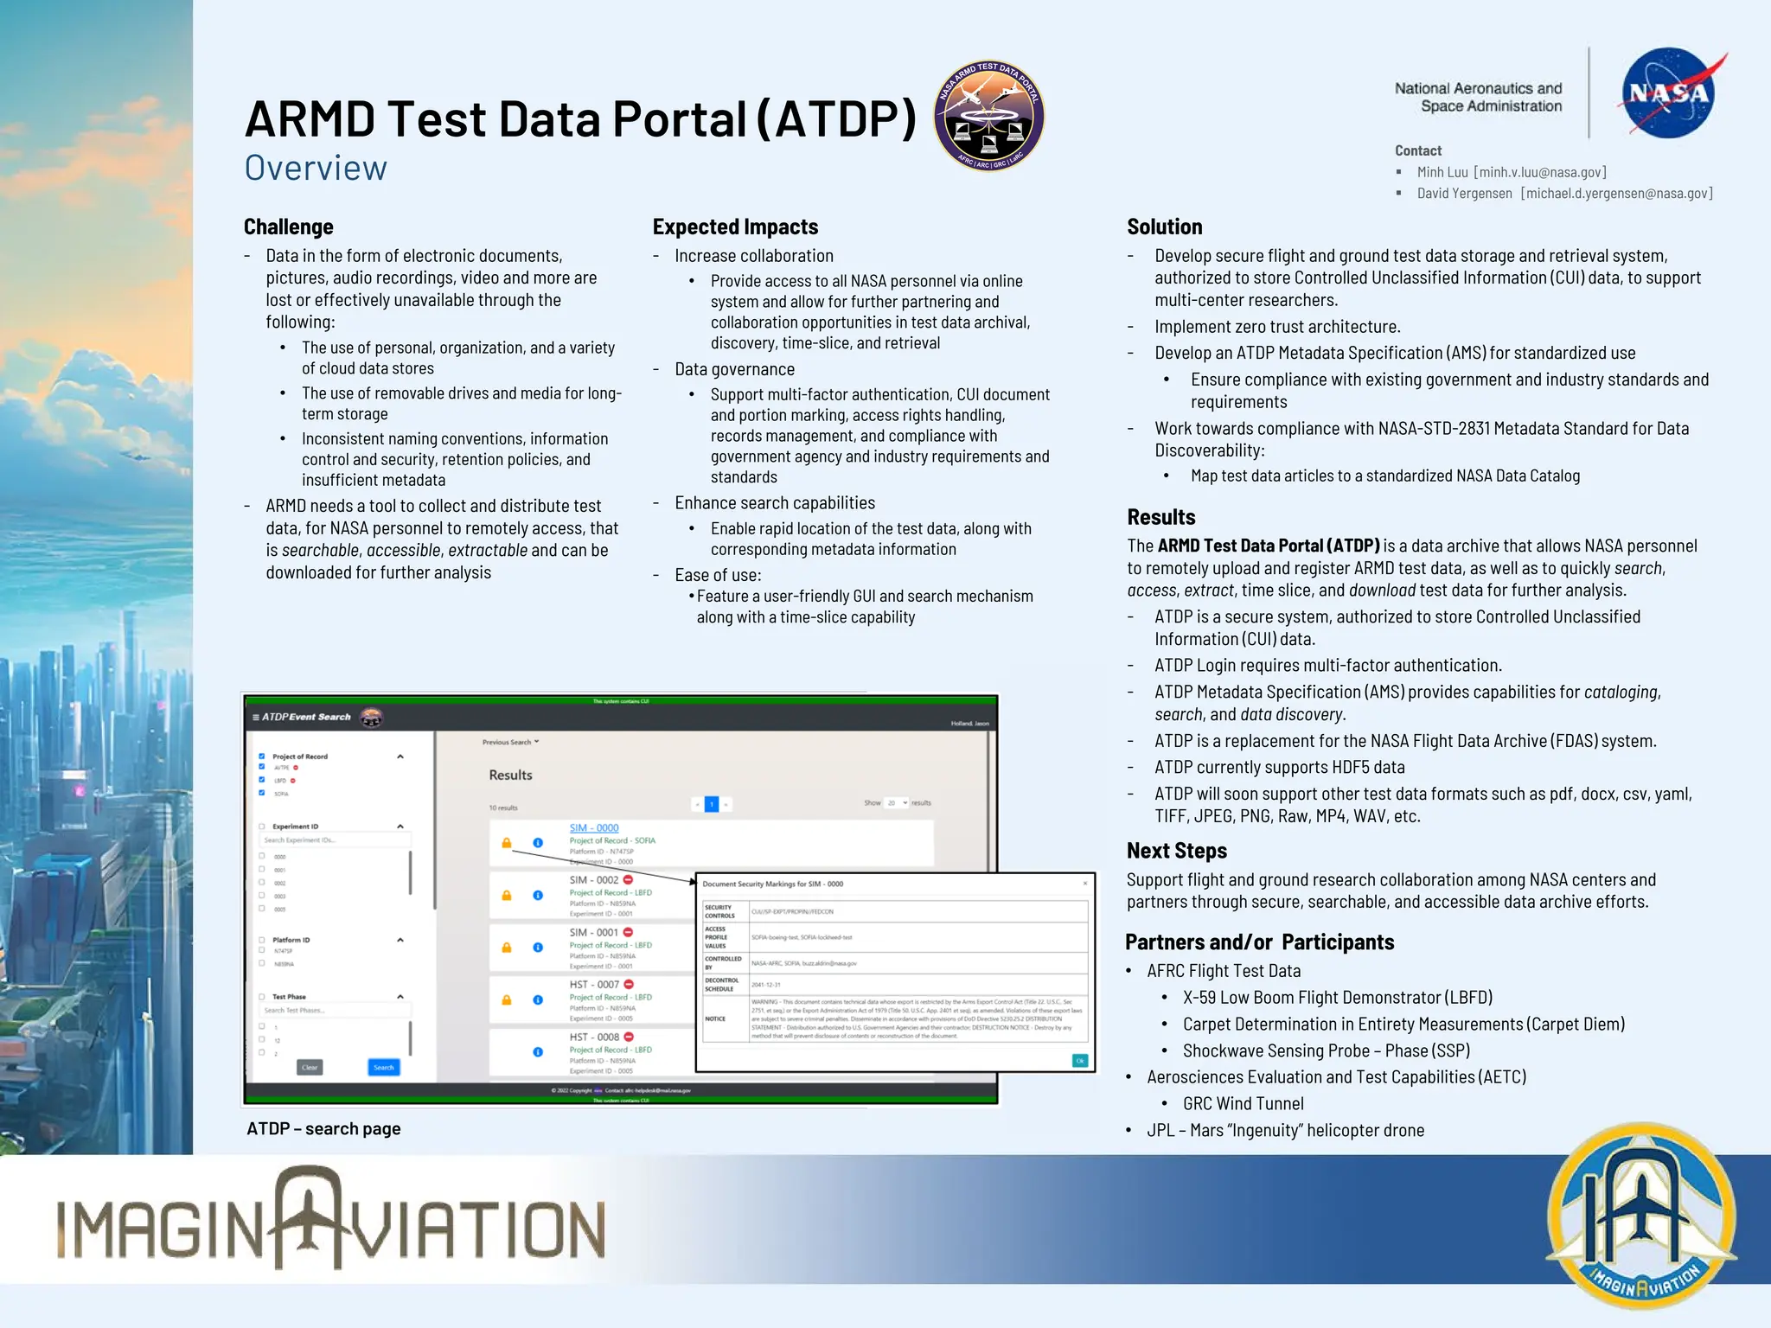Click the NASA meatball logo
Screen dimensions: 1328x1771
(1668, 93)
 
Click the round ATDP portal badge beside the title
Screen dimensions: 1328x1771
(988, 116)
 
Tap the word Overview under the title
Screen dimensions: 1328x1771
(316, 168)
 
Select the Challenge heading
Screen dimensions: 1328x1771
(288, 227)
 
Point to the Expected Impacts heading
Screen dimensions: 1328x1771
(735, 227)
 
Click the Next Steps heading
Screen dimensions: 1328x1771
(1176, 851)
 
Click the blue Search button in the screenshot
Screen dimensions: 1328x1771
(383, 1067)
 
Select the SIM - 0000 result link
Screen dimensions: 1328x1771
(594, 827)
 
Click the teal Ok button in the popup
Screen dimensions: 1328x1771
(1079, 1061)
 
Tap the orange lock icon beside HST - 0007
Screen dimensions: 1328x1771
(507, 999)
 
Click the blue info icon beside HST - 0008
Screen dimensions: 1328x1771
(538, 1051)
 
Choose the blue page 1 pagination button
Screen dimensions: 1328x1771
(712, 804)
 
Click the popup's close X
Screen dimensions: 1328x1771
(1085, 884)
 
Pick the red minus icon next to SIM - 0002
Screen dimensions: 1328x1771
(629, 880)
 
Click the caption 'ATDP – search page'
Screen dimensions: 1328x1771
(323, 1128)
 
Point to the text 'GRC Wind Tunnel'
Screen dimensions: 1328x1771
(1243, 1103)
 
